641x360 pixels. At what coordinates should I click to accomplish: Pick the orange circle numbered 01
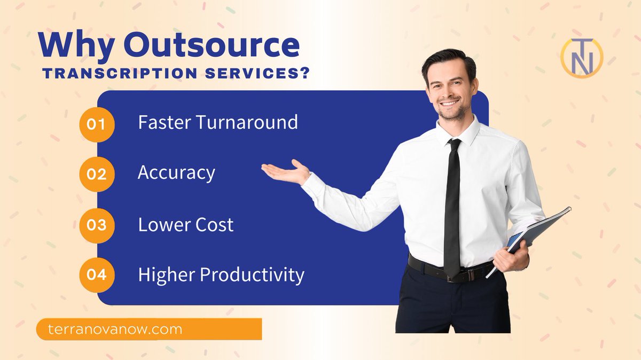pos(97,124)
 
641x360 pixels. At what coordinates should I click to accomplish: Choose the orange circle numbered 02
pos(97,175)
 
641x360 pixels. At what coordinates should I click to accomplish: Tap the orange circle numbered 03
pos(97,225)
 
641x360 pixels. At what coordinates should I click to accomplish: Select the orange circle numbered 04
pos(97,275)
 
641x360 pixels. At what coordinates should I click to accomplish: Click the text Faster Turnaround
pos(217,122)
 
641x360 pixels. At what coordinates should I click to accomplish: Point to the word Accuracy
pos(176,173)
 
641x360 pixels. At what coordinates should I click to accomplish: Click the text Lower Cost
pos(185,224)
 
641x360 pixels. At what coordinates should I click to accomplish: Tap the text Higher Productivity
pos(221,275)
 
